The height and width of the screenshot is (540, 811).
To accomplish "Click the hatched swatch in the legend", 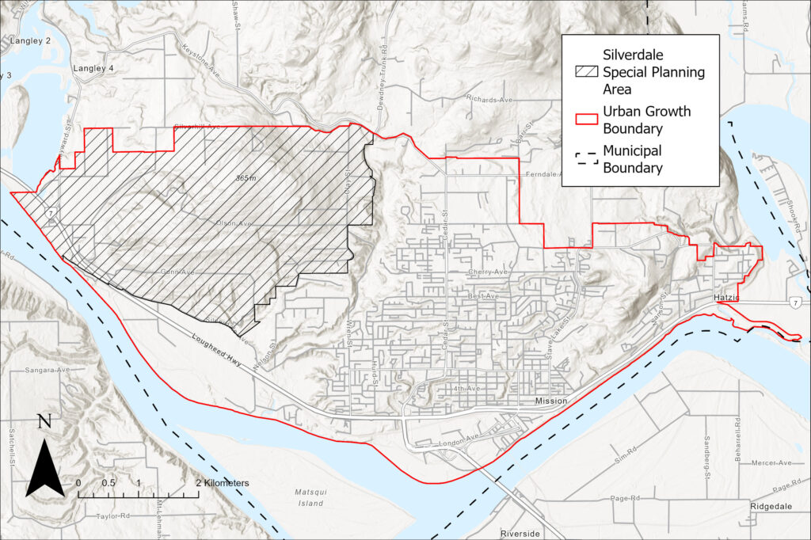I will pyautogui.click(x=586, y=72).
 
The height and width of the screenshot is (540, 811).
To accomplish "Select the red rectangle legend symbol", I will pyautogui.click(x=586, y=119).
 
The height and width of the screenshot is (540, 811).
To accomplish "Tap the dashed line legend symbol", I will pyautogui.click(x=586, y=158).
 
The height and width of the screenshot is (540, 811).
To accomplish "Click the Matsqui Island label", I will pyautogui.click(x=310, y=497).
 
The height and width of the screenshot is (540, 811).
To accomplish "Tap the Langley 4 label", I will pyautogui.click(x=93, y=69).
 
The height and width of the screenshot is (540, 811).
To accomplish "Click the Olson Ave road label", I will pyautogui.click(x=234, y=224).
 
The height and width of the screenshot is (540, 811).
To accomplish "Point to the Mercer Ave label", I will pyautogui.click(x=773, y=462).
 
